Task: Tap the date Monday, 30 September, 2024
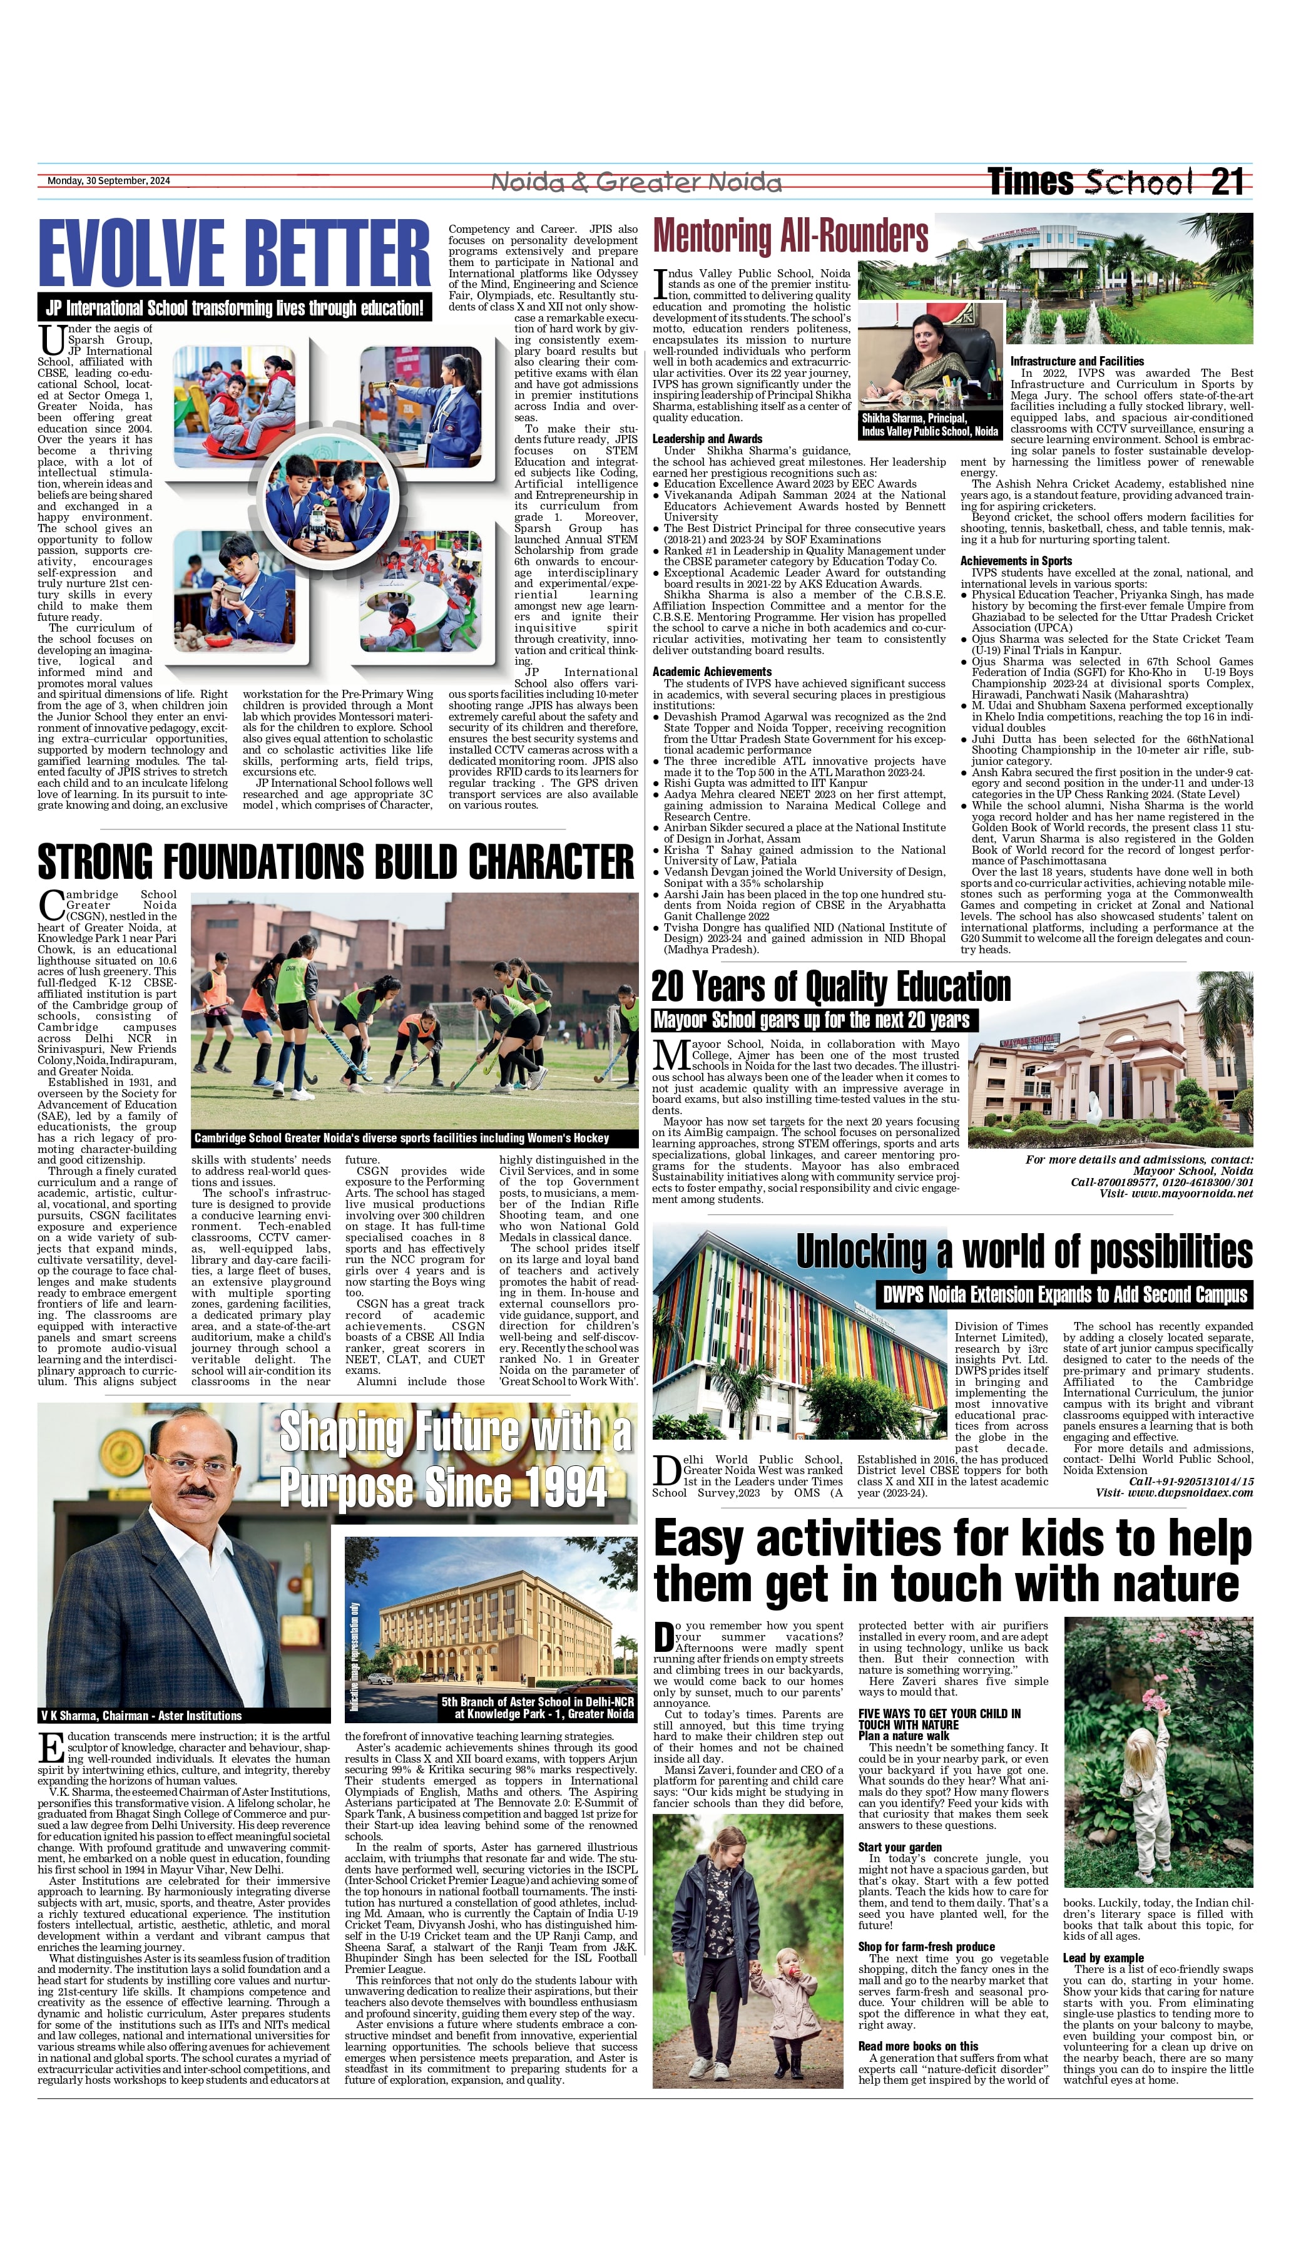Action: coord(108,181)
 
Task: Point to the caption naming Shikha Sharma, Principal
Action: coord(929,424)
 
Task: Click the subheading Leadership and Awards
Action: coord(707,439)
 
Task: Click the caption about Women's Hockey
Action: coord(402,1137)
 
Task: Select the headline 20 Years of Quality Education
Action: coord(831,986)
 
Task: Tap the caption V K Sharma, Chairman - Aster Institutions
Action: coord(140,1716)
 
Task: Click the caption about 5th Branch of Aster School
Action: coord(538,1708)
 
